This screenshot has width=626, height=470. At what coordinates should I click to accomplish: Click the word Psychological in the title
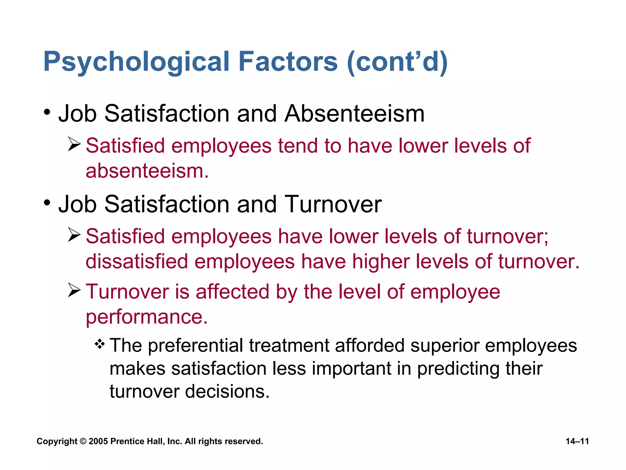136,62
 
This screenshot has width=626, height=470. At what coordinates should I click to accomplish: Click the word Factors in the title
288,62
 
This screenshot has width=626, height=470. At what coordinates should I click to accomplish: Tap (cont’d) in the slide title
397,62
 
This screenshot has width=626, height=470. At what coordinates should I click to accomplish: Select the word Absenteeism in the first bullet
355,114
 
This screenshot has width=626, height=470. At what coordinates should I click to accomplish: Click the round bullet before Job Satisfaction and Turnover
47,202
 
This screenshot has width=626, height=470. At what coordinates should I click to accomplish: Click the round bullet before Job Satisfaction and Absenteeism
47,112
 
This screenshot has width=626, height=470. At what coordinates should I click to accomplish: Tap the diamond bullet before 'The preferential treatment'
100,345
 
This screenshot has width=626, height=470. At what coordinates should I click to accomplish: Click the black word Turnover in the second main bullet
333,204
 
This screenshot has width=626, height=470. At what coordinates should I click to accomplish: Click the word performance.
147,317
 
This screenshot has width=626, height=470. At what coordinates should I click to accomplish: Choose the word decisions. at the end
227,391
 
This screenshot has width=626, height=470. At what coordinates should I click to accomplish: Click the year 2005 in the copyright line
98,441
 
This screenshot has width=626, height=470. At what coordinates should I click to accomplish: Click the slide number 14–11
577,441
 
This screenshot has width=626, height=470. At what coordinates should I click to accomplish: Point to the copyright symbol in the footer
83,441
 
